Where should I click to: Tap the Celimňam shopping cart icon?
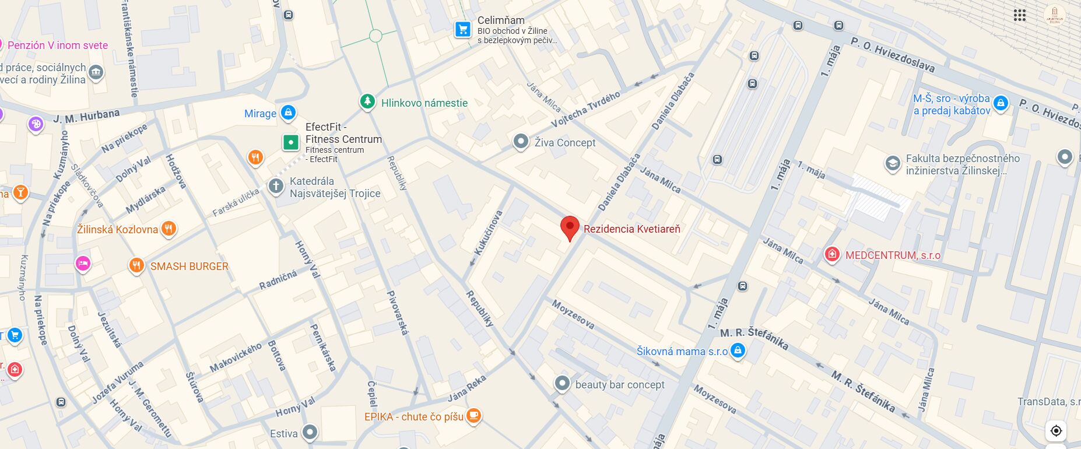(x=463, y=29)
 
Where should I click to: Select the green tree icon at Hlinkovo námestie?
(x=367, y=101)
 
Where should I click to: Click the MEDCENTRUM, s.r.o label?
(x=892, y=255)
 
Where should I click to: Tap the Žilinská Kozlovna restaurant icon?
(x=169, y=228)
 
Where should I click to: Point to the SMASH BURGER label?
(x=189, y=266)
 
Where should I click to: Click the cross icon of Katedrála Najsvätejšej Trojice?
(x=275, y=186)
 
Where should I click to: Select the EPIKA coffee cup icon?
(x=474, y=416)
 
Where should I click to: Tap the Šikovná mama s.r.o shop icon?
(x=738, y=350)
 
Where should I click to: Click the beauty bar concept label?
(x=619, y=384)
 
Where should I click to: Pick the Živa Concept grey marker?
(x=520, y=141)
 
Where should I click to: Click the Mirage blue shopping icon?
(x=288, y=112)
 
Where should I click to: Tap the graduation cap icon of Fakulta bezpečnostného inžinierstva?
(x=892, y=163)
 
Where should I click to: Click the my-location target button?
(x=1056, y=430)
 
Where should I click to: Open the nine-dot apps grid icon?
(x=1019, y=15)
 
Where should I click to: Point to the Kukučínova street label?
(x=488, y=233)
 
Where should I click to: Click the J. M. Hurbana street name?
(x=86, y=116)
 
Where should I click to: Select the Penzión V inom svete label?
(x=57, y=45)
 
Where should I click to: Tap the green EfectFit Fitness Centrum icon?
(x=290, y=142)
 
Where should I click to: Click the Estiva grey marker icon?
(x=310, y=432)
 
